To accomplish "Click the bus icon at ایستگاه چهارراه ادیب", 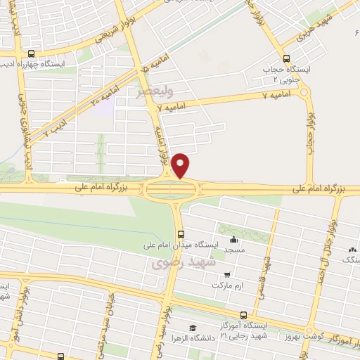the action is (x=30, y=53).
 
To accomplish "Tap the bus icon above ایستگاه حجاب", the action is (x=285, y=59).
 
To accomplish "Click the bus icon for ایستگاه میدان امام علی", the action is (x=181, y=233).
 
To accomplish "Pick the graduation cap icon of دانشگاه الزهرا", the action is (x=191, y=328).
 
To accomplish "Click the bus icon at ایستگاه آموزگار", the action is (x=243, y=315).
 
